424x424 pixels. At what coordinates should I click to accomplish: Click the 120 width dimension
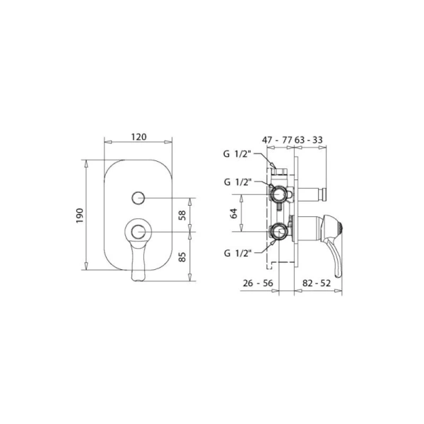139,137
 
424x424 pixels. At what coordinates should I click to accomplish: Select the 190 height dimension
80,216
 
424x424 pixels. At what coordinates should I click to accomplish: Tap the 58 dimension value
182,216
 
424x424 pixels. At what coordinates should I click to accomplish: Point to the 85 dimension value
182,257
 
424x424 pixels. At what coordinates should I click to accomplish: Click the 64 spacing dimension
234,213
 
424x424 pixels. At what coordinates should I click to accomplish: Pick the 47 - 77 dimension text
277,140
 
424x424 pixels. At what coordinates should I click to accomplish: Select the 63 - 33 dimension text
308,140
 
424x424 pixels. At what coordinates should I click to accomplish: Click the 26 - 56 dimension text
258,283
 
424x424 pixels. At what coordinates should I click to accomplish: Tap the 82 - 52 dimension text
317,283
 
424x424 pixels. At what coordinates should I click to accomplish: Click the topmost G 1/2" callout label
237,154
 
